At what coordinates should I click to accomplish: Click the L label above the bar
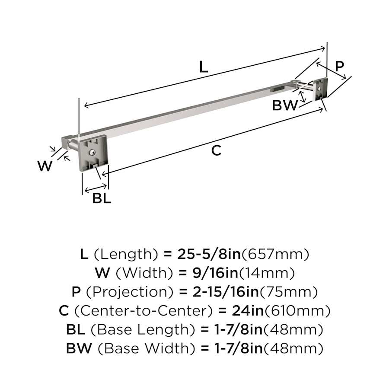click(204, 67)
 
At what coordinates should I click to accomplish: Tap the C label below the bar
click(216, 150)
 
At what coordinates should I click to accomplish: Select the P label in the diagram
click(339, 66)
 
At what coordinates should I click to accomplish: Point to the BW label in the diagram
click(285, 105)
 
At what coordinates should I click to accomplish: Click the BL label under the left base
click(102, 198)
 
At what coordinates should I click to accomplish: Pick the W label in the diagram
click(45, 166)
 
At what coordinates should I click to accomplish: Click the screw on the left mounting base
click(93, 152)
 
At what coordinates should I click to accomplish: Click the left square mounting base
click(93, 153)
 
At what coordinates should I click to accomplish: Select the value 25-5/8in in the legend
click(209, 254)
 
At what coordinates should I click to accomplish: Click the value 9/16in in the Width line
click(215, 273)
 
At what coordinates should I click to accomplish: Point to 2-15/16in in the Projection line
click(226, 292)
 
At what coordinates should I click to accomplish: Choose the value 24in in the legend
click(248, 311)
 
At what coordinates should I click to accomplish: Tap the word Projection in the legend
click(130, 292)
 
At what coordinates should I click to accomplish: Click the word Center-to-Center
click(143, 311)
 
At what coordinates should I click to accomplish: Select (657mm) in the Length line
click(275, 254)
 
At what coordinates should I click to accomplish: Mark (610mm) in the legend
click(297, 311)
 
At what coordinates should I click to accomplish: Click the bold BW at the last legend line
click(79, 348)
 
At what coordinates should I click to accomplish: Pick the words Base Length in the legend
click(143, 329)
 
